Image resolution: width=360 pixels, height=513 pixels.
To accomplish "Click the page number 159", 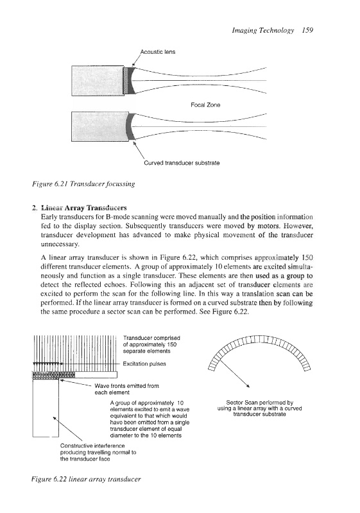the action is [x=307, y=30].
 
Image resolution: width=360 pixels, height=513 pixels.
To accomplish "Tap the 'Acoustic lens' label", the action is [x=158, y=52].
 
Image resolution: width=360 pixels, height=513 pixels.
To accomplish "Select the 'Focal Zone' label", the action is [x=205, y=105].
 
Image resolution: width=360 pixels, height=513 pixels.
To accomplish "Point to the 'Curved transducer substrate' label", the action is [x=182, y=163].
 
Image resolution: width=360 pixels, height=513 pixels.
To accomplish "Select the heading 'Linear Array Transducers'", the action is [x=84, y=208].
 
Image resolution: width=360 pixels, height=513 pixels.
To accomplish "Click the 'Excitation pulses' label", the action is [x=144, y=364].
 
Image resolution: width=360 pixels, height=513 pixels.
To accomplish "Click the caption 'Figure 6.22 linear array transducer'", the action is [x=86, y=479].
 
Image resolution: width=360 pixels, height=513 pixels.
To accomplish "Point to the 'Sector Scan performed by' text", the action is [x=259, y=403].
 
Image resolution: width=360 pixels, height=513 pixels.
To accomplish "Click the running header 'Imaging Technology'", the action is [x=263, y=30].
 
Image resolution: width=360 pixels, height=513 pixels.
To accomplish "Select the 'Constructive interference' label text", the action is [x=92, y=446].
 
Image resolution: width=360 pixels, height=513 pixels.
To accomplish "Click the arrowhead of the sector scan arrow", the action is [x=249, y=387].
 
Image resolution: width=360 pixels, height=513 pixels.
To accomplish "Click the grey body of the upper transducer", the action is [x=98, y=81].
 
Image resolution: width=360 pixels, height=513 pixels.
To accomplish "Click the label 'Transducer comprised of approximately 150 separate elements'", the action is [x=151, y=344].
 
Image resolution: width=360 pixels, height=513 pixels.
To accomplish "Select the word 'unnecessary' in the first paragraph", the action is [x=60, y=244].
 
